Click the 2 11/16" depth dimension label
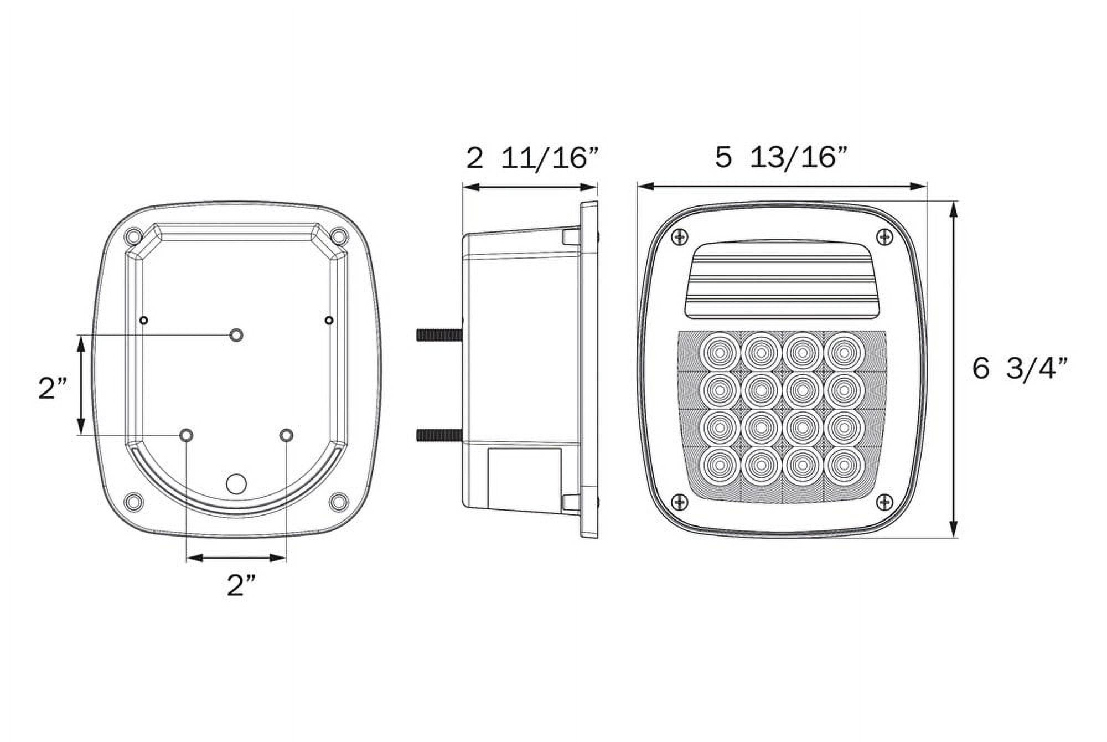(x=532, y=158)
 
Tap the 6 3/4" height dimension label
(x=1019, y=369)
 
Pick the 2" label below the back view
(x=241, y=585)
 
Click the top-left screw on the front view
(x=679, y=237)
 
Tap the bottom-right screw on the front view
(x=885, y=502)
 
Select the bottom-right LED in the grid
(x=844, y=467)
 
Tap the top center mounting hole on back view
(x=236, y=335)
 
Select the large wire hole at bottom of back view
(x=236, y=483)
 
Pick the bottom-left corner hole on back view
(x=133, y=502)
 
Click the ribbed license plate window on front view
(x=782, y=281)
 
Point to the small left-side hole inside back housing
(x=144, y=320)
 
